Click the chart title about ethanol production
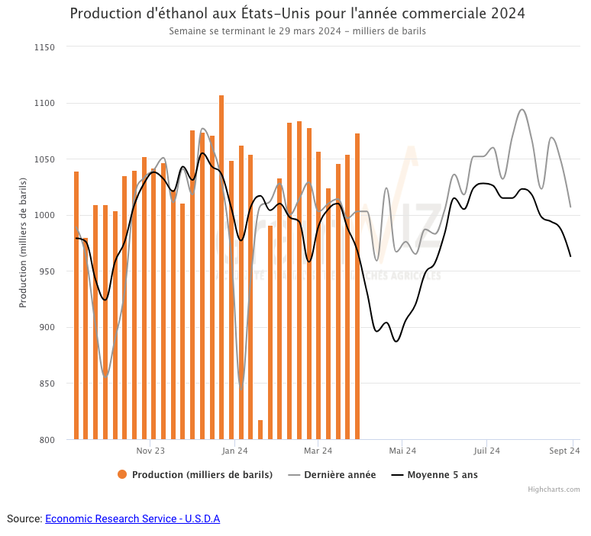[x=297, y=14]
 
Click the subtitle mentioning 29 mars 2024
[x=297, y=31]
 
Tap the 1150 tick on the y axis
[x=44, y=47]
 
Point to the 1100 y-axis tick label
[x=44, y=103]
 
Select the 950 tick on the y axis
[x=47, y=271]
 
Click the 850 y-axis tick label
[x=47, y=384]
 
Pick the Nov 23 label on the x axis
[x=150, y=451]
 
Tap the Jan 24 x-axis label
[x=234, y=451]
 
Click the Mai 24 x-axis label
[x=402, y=451]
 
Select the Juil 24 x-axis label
[x=486, y=451]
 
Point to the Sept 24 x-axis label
[x=564, y=451]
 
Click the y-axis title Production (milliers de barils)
[x=23, y=242]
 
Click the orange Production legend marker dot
[x=122, y=475]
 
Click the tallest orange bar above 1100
[x=221, y=267]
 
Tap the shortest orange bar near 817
[x=260, y=430]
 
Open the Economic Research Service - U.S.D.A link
[x=132, y=518]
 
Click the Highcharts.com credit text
[x=554, y=489]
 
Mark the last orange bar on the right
[x=357, y=286]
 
